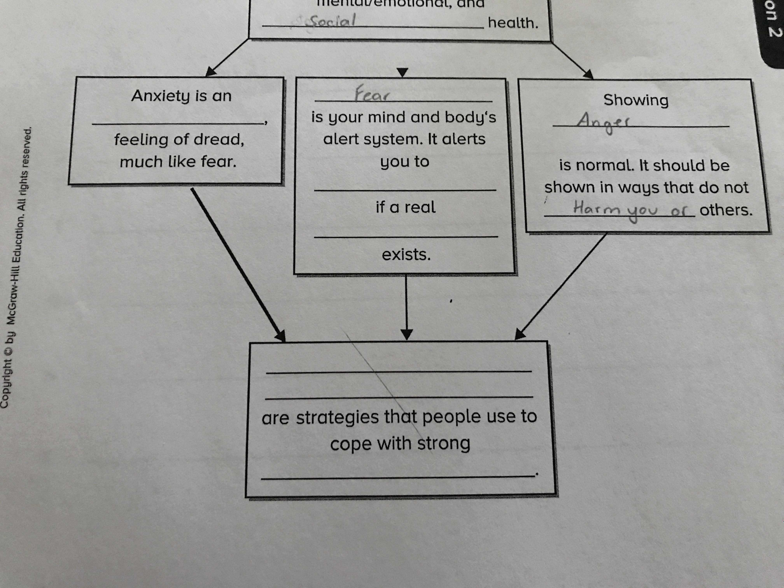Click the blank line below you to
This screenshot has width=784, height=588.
[x=405, y=190]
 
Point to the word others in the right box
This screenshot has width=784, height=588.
[x=725, y=210]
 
